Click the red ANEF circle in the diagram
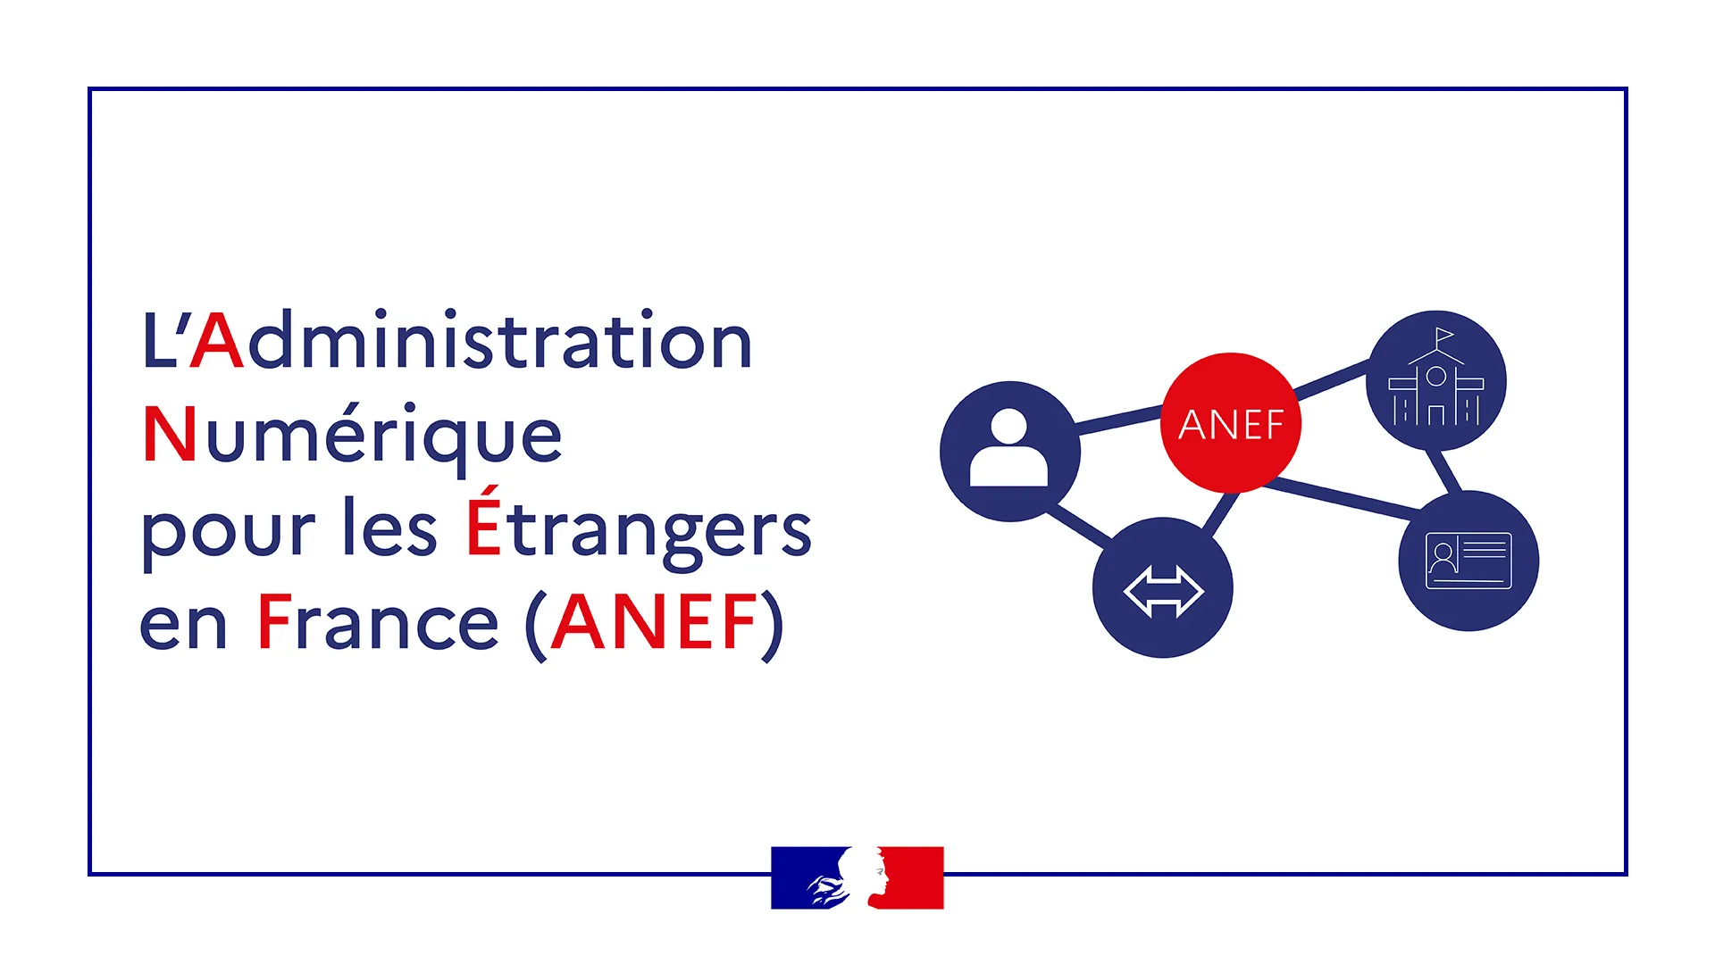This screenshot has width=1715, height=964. (x=1231, y=422)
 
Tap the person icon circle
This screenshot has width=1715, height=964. (x=1010, y=452)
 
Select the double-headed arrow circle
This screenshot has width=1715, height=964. (x=1163, y=587)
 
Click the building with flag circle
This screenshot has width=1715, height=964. (x=1436, y=380)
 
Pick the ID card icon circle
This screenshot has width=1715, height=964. (x=1468, y=561)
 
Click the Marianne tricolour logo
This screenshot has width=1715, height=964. (x=857, y=877)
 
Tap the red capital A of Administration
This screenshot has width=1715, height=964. (x=217, y=340)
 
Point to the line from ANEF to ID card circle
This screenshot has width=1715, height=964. (x=1343, y=497)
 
